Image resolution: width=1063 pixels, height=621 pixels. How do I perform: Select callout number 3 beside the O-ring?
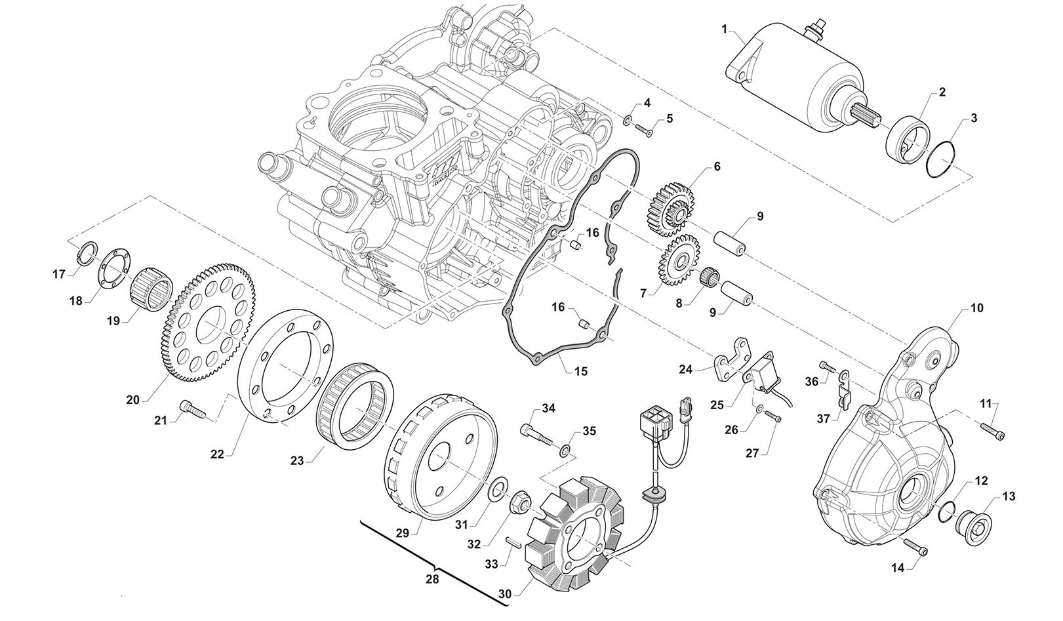974,119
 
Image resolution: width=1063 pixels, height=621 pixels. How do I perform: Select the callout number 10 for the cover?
977,308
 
